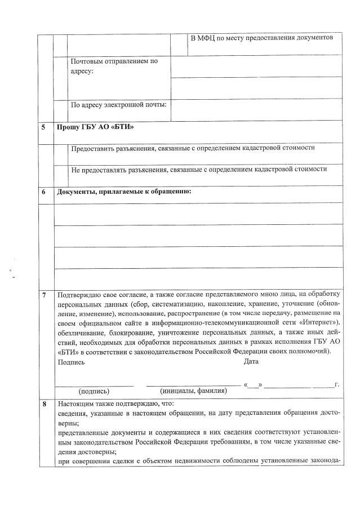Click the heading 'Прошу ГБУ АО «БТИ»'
coord(95,127)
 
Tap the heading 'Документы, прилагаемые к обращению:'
coord(124,192)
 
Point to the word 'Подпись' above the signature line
coord(71,362)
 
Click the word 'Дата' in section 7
coord(251,362)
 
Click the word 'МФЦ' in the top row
coord(208,37)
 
